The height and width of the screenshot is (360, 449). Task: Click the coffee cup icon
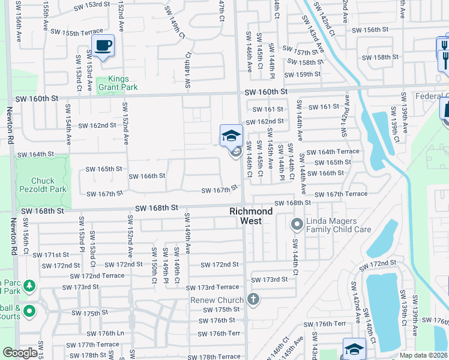pyautogui.click(x=103, y=45)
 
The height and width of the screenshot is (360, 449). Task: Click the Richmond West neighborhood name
pyautogui.click(x=251, y=216)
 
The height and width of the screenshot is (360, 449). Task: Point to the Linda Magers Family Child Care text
pyautogui.click(x=339, y=225)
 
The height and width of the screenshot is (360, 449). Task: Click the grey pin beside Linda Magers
pyautogui.click(x=297, y=225)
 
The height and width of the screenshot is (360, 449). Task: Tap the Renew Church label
pyautogui.click(x=217, y=300)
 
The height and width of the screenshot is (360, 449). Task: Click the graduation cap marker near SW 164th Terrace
pyautogui.click(x=231, y=136)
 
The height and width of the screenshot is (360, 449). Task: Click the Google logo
pyautogui.click(x=20, y=353)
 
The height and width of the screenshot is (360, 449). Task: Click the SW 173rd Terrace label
pyautogui.click(x=212, y=288)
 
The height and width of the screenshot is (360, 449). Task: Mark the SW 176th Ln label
pyautogui.click(x=103, y=333)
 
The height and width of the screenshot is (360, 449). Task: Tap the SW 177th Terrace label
pyautogui.click(x=93, y=345)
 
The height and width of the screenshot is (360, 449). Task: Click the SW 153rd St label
pyautogui.click(x=92, y=5)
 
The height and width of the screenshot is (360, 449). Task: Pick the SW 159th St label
pyautogui.click(x=303, y=74)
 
